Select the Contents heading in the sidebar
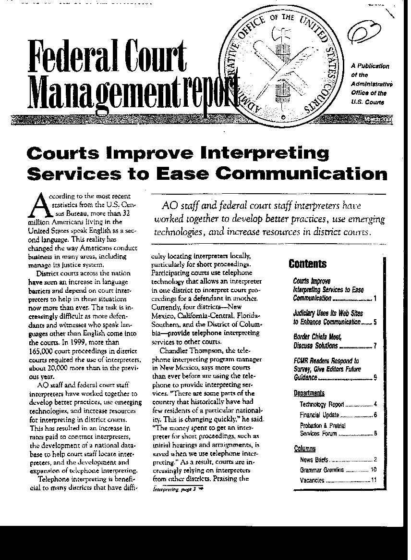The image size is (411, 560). (x=307, y=264)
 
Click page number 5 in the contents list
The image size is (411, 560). (x=375, y=322)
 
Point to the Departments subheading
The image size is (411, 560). (x=309, y=393)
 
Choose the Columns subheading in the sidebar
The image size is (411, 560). (x=304, y=449)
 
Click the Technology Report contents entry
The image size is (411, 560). (x=322, y=405)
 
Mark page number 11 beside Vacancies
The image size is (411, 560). (x=374, y=480)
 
